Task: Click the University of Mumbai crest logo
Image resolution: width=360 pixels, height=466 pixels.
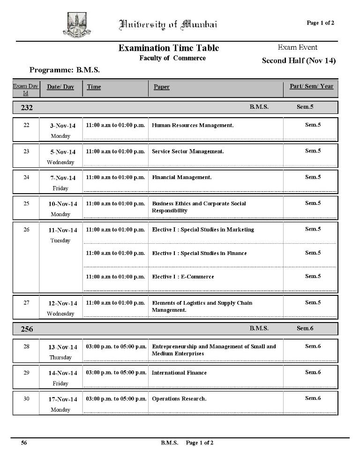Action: pyautogui.click(x=76, y=25)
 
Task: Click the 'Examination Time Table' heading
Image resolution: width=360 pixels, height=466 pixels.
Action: pyautogui.click(x=169, y=48)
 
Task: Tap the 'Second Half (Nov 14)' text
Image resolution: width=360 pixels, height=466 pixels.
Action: pyautogui.click(x=299, y=60)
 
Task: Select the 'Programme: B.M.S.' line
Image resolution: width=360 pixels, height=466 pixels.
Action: pyautogui.click(x=65, y=70)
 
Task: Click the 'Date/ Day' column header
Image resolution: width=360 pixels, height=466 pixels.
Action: pyautogui.click(x=60, y=87)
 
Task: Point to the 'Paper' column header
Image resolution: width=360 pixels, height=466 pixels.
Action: pyautogui.click(x=162, y=87)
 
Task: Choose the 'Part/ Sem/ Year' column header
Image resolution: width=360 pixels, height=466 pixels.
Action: pyautogui.click(x=311, y=86)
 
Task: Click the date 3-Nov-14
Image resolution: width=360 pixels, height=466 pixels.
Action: pyautogui.click(x=63, y=126)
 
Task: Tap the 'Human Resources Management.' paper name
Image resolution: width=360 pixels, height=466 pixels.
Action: pyautogui.click(x=193, y=125)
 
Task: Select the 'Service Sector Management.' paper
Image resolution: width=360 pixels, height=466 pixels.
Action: pyautogui.click(x=188, y=151)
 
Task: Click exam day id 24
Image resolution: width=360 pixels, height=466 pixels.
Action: pyautogui.click(x=26, y=177)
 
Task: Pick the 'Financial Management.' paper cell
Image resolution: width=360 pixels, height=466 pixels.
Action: pyautogui.click(x=182, y=177)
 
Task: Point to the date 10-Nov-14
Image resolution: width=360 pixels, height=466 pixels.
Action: pyautogui.click(x=63, y=204)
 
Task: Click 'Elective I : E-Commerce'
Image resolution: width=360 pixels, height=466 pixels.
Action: pyautogui.click(x=183, y=277)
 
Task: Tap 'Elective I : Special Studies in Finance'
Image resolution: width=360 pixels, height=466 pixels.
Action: pyautogui.click(x=199, y=253)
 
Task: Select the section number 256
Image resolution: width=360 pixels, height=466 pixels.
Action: pyautogui.click(x=27, y=329)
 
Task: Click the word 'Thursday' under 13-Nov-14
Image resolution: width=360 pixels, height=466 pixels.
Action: pyautogui.click(x=60, y=357)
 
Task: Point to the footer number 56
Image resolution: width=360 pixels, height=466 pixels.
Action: pyautogui.click(x=24, y=443)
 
